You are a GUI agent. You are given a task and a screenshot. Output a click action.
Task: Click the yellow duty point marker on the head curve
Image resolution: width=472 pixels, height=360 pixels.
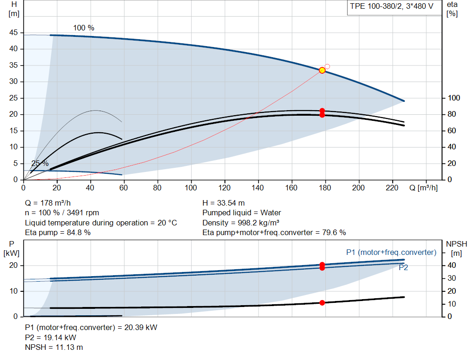point(322,71)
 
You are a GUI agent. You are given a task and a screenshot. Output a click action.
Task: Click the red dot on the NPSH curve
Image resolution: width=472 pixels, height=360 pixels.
point(322,303)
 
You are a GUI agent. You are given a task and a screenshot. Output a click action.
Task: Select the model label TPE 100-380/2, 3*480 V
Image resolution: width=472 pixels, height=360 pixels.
point(391,6)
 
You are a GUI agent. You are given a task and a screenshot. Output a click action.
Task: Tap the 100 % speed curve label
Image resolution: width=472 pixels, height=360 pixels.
point(84,28)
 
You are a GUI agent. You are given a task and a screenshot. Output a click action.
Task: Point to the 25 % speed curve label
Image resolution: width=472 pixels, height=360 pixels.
point(40,164)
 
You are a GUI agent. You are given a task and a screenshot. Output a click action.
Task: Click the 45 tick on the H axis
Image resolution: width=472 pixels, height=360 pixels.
point(13,33)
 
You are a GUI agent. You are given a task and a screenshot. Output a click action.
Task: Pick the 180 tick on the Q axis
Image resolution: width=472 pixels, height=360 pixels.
point(325,188)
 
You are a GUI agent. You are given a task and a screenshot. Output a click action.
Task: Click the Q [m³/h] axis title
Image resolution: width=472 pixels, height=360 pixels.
point(423,188)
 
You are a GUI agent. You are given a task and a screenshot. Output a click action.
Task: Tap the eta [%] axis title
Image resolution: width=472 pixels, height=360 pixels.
point(452,9)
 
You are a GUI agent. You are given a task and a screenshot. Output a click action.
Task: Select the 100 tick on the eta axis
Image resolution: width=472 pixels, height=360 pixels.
point(454,98)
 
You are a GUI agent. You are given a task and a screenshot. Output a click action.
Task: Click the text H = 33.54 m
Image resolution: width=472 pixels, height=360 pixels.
point(224,203)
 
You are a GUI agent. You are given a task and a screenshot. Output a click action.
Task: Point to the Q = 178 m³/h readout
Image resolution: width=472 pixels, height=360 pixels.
point(48,203)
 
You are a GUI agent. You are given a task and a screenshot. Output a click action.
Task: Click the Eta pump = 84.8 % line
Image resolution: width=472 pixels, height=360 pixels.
point(58,233)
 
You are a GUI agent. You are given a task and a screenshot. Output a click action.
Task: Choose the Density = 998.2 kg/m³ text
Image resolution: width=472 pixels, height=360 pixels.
point(241,223)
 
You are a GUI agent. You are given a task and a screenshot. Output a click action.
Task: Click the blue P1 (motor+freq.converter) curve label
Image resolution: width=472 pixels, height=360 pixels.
point(391,252)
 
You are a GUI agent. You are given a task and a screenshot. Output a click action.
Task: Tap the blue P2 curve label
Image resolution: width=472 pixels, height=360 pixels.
point(403,268)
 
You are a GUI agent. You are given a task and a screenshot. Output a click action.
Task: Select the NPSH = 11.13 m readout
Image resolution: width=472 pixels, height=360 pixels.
point(54,348)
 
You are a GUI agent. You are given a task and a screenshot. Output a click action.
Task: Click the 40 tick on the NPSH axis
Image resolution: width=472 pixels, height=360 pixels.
point(452,265)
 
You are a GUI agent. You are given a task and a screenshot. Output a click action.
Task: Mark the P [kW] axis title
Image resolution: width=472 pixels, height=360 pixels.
point(12,248)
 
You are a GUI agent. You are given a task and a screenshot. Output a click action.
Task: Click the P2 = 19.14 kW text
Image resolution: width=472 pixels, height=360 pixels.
point(51,337)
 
